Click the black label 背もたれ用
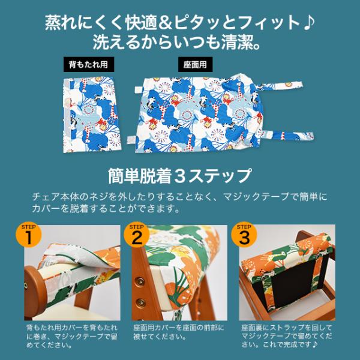point(89,65)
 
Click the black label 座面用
point(195,65)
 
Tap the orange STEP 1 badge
point(28,235)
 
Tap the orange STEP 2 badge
point(137,235)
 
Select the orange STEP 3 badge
point(244,235)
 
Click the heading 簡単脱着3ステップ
point(180,176)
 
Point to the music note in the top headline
point(309,23)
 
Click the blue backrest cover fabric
point(91,115)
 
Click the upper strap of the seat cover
point(283,85)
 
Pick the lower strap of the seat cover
point(288,135)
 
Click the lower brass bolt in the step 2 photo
point(140,302)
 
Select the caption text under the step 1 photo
point(72,336)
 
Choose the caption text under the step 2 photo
point(179,332)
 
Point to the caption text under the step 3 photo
point(287,336)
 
